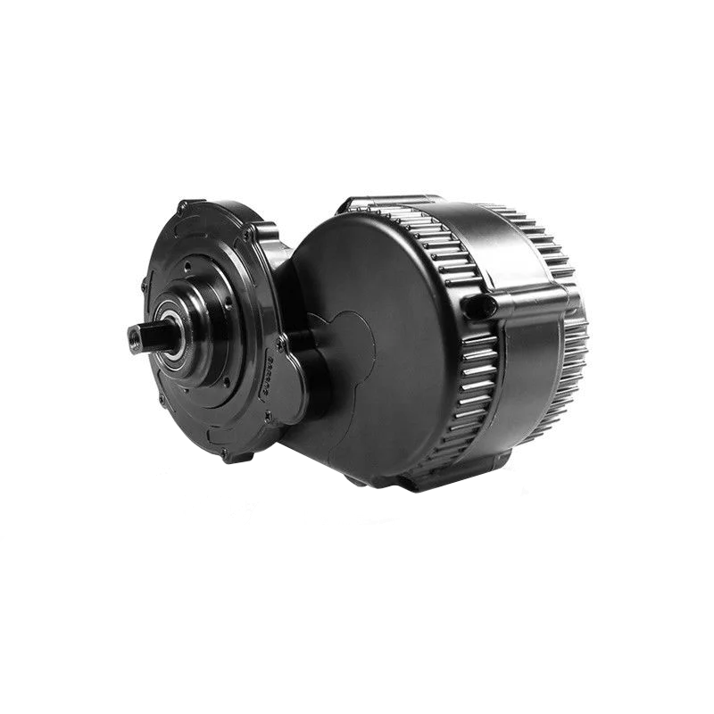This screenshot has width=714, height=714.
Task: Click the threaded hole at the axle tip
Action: point(136,336)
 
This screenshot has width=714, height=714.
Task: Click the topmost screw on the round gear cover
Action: point(182,207)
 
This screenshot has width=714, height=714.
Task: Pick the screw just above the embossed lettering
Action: point(280,343)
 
